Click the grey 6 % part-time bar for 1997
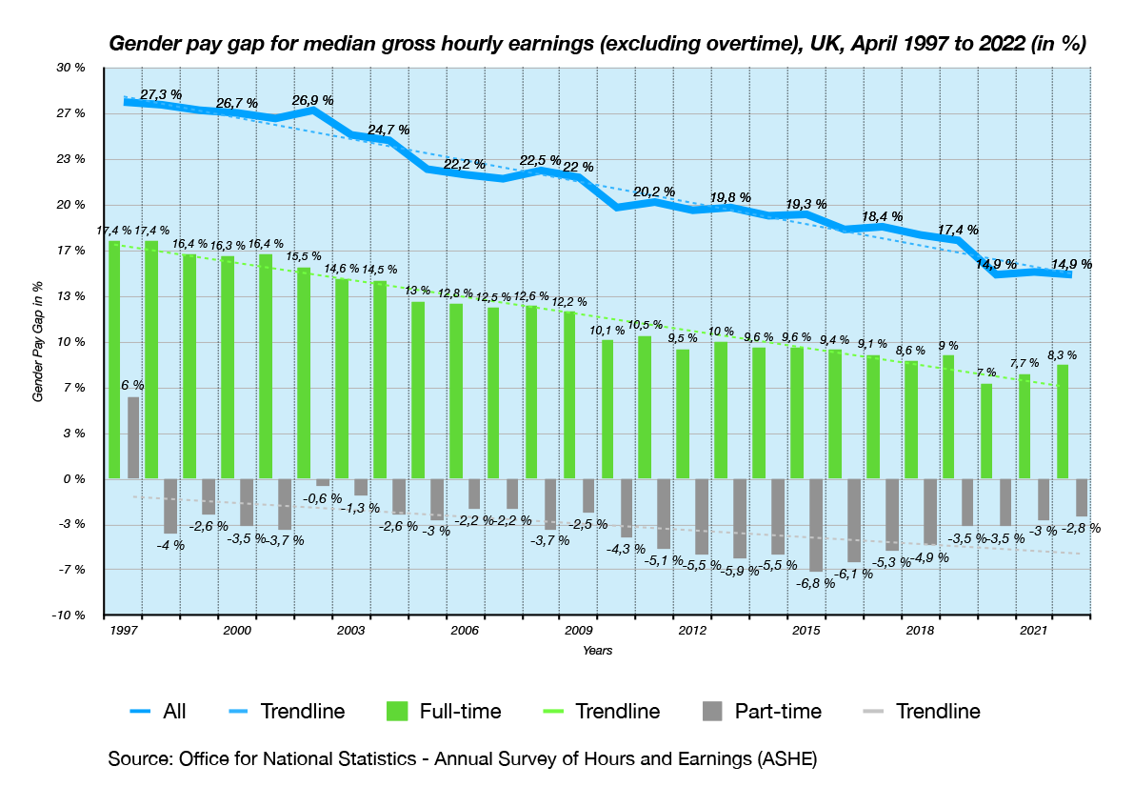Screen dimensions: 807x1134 click(133, 437)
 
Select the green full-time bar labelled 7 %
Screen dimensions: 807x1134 click(986, 431)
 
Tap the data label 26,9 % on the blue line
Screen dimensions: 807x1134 click(312, 100)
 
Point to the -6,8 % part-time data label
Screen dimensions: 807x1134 click(815, 583)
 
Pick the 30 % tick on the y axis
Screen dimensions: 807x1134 click(72, 69)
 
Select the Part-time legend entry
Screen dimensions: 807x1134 click(760, 711)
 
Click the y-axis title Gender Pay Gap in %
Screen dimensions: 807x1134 click(39, 341)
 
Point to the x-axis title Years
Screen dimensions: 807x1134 click(598, 651)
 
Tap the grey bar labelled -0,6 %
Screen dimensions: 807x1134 click(323, 482)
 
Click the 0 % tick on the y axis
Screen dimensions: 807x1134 click(74, 479)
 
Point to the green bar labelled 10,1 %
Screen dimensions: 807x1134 click(607, 409)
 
